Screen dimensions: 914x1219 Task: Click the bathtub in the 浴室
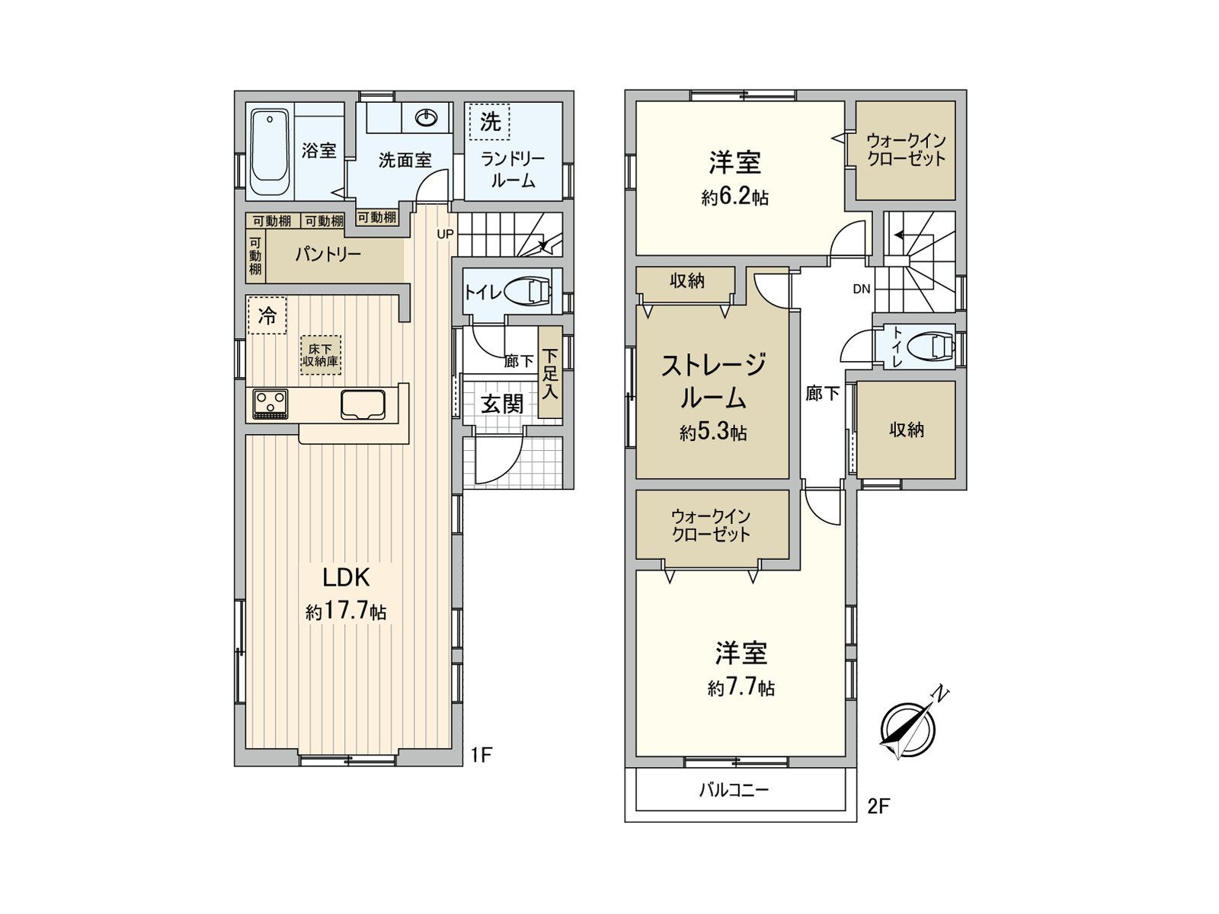269,152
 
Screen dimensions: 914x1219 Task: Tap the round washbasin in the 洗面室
426,118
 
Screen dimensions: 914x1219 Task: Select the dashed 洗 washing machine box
490,122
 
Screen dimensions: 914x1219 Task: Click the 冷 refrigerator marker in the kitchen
267,315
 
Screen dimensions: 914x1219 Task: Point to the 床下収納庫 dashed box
320,355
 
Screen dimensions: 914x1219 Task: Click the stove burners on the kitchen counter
270,403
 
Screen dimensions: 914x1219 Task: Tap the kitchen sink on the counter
363,404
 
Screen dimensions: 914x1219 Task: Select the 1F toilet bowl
531,292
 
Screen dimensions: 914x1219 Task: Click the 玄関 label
502,404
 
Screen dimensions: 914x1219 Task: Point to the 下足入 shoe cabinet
550,373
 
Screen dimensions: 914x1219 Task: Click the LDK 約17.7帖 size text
346,611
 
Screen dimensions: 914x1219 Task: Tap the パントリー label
328,254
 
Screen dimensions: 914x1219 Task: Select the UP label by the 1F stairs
445,234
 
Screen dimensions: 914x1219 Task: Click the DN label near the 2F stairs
862,289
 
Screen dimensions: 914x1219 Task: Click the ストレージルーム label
712,381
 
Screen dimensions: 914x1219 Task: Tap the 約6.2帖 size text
734,197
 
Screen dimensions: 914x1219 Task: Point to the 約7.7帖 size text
741,688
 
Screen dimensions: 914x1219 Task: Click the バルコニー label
734,790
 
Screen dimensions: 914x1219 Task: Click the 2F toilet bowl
936,347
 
